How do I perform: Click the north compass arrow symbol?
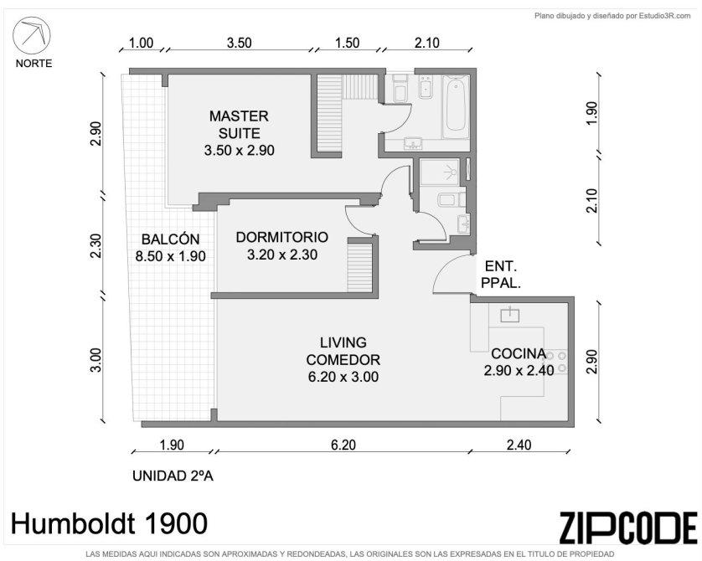click(x=31, y=35)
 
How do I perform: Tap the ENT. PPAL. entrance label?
click(x=501, y=275)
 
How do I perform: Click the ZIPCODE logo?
click(x=628, y=528)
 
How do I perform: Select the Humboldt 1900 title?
click(x=109, y=523)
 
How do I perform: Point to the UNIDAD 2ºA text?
click(x=173, y=476)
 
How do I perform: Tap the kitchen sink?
click(x=510, y=315)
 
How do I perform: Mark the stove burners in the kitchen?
click(x=556, y=362)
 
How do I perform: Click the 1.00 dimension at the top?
click(x=141, y=43)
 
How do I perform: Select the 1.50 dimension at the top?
click(x=347, y=43)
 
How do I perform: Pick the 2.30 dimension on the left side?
click(x=96, y=246)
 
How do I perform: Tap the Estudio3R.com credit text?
click(x=613, y=16)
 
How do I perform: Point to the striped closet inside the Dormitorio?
click(x=360, y=268)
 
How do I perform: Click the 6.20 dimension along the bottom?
click(x=343, y=445)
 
